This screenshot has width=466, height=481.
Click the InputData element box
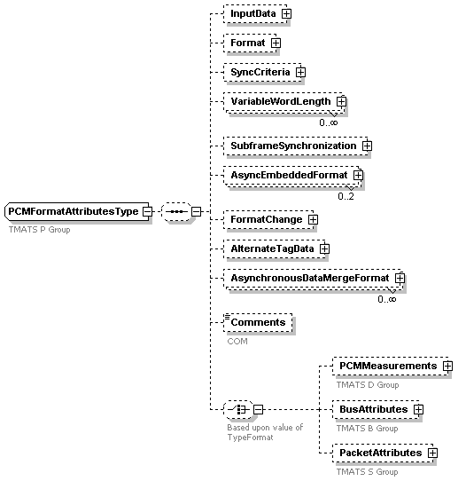[257, 14]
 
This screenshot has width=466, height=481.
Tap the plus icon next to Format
[276, 43]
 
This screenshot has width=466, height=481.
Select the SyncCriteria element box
[265, 73]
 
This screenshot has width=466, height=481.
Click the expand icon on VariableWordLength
[341, 101]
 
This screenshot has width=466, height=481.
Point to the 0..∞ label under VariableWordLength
[328, 122]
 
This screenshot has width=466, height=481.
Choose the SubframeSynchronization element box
[298, 146]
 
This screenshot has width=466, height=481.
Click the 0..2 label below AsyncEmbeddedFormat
[346, 196]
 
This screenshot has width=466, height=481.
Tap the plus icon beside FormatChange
[313, 219]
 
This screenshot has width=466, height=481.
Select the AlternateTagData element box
[276, 248]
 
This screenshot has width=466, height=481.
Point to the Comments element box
[258, 322]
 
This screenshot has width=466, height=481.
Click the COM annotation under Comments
[237, 342]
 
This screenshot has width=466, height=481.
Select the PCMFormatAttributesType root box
[78, 211]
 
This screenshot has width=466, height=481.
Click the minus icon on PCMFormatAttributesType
[148, 211]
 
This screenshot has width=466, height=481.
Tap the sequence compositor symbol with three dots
[176, 211]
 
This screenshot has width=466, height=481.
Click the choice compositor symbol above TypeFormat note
[238, 409]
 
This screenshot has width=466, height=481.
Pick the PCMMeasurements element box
[392, 366]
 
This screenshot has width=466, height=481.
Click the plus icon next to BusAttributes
[418, 409]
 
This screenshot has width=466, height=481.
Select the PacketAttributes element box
[384, 453]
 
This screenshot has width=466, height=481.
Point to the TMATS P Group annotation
[40, 230]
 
